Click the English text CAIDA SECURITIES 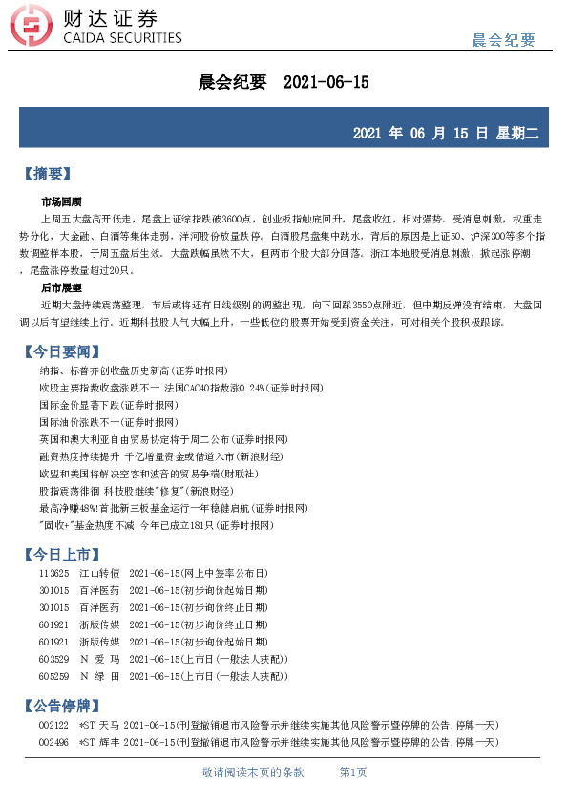(121, 38)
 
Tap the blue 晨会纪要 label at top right (504, 40)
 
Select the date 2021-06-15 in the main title (326, 82)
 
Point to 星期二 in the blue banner (516, 134)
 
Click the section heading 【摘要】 (46, 174)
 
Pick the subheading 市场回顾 (61, 202)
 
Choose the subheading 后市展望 (61, 286)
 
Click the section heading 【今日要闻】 (59, 351)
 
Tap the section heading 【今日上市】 (59, 554)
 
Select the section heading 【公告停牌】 (59, 707)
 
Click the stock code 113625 (53, 574)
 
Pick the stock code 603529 (53, 660)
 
